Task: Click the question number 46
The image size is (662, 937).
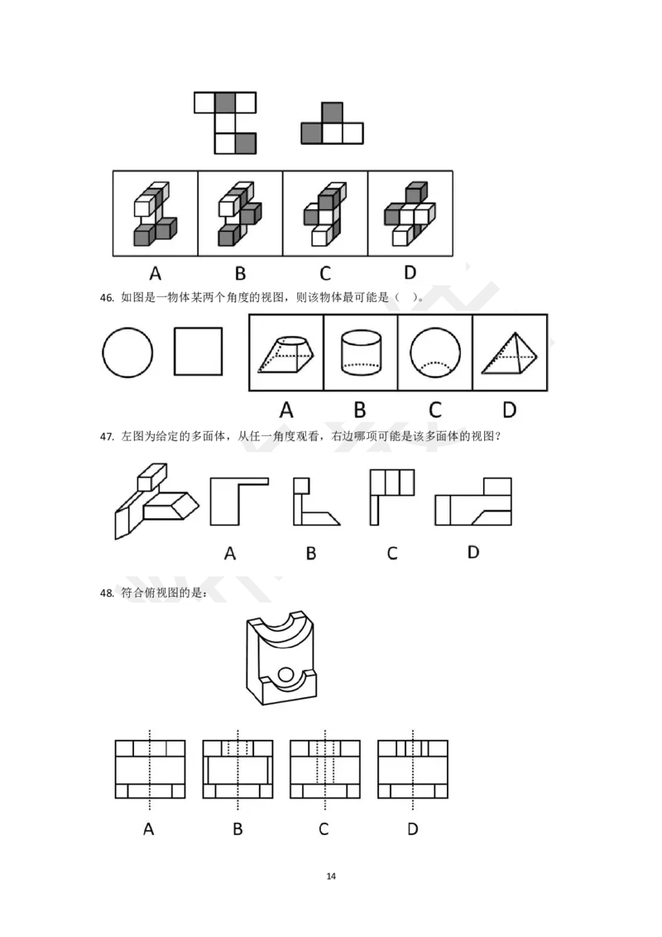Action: point(107,298)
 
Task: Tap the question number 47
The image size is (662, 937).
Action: point(107,437)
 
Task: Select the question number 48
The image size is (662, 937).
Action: point(107,593)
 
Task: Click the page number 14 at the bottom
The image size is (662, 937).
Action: point(331,876)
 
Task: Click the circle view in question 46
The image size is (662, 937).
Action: point(127,328)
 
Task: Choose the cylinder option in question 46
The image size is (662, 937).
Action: point(361,353)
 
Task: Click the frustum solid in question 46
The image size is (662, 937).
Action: point(285,354)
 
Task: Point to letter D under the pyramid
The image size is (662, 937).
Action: point(509,410)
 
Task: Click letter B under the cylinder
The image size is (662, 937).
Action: point(360,410)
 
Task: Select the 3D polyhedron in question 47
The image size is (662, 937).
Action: point(156,501)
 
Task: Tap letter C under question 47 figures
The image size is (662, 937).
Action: point(392,554)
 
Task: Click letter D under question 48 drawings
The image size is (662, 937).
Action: point(412,829)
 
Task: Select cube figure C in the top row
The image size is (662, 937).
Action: point(325,214)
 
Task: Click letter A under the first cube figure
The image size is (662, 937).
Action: point(156,274)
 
